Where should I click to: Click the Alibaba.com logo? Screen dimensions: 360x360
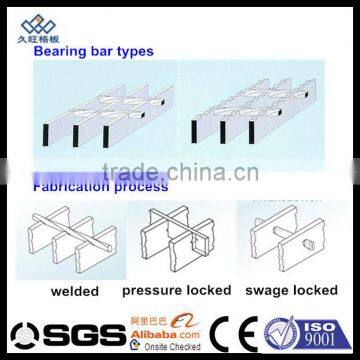(x=171, y=326)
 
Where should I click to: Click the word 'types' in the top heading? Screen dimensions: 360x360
(x=133, y=47)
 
